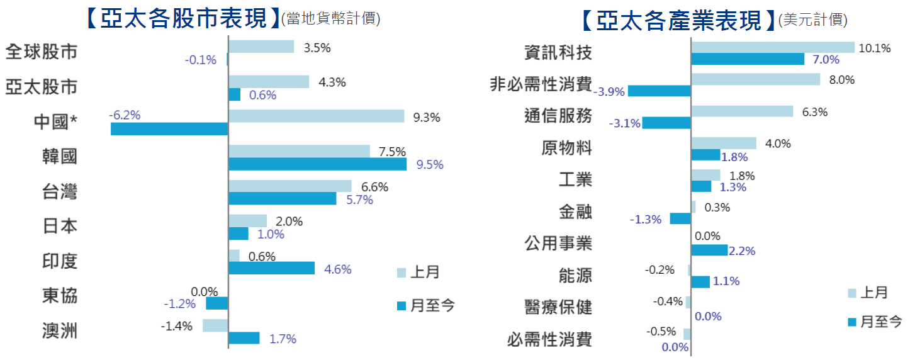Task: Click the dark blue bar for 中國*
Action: click(169, 129)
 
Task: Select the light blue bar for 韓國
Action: click(299, 151)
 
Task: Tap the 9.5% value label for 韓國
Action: click(430, 165)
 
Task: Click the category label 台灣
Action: click(60, 191)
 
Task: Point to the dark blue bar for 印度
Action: click(271, 269)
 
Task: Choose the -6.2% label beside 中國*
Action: click(125, 116)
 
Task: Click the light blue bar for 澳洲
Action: click(215, 325)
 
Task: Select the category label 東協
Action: click(60, 295)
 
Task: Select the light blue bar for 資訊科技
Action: click(773, 47)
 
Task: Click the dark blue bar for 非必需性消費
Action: click(659, 91)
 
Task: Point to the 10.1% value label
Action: click(875, 48)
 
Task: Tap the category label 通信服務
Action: click(558, 116)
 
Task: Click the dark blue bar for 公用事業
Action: click(709, 250)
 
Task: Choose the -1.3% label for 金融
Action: click(646, 219)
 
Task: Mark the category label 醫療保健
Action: click(558, 307)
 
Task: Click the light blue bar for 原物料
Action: click(724, 143)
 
